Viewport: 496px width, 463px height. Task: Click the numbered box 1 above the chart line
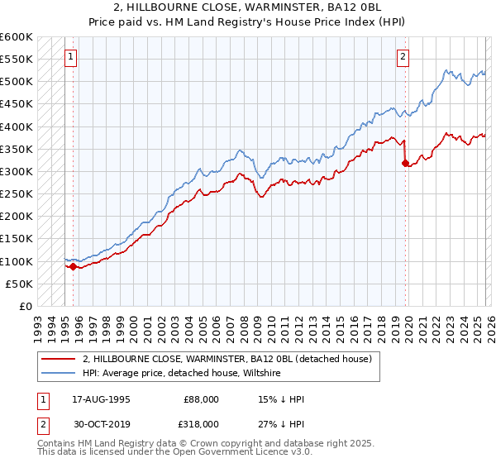point(71,57)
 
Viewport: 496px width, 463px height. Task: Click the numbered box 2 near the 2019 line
point(403,57)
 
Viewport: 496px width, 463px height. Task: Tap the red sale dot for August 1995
point(74,266)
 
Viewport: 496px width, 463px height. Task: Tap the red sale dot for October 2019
point(405,164)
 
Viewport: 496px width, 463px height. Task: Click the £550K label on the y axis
point(17,60)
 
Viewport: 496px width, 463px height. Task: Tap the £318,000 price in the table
point(201,423)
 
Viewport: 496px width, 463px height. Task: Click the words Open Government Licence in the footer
point(227,453)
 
